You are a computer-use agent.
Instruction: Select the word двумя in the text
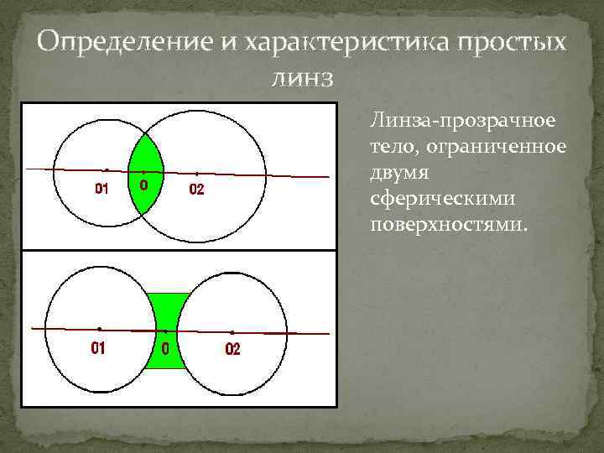[394, 174]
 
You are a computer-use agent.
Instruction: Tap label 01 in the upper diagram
[102, 189]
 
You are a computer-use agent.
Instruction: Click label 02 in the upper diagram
[195, 190]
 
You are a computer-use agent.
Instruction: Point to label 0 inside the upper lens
[144, 185]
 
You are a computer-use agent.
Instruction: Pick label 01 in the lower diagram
[98, 347]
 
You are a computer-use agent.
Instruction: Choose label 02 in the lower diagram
[232, 348]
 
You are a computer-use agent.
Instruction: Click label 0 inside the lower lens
[165, 348]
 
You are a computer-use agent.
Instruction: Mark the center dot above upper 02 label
[196, 174]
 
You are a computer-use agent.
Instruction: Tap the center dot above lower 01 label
[99, 328]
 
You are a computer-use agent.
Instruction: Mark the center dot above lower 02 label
[232, 332]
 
